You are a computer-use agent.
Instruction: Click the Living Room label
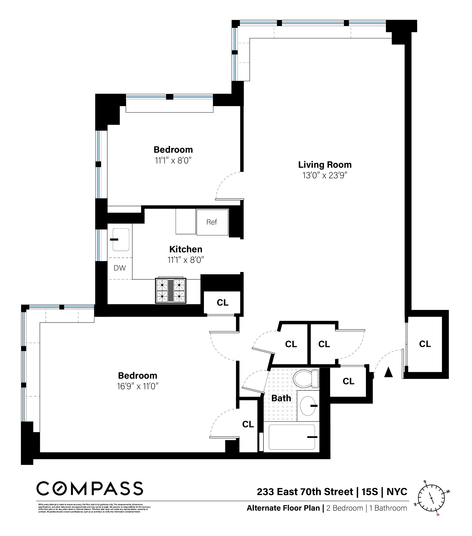click(324, 165)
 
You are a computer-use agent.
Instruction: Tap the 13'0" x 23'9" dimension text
click(324, 175)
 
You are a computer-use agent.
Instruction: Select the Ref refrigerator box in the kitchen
click(212, 222)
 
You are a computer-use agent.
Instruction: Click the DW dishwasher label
click(120, 268)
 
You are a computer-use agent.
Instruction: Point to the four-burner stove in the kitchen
click(170, 291)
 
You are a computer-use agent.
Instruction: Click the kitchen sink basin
click(121, 240)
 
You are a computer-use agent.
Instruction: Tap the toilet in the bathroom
click(306, 379)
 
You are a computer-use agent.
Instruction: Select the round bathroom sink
click(307, 406)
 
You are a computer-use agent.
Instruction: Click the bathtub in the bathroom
click(291, 437)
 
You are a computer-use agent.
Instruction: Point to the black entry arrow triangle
click(388, 372)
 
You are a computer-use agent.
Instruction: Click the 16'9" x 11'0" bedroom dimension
click(138, 386)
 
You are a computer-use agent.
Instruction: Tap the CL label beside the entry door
click(425, 344)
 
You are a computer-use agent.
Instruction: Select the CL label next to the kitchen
click(222, 302)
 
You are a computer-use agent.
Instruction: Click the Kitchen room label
click(186, 249)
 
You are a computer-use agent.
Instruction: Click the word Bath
click(281, 398)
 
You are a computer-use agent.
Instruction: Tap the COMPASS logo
click(89, 489)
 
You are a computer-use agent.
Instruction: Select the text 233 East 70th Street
click(305, 492)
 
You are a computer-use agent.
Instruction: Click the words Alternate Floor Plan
click(283, 508)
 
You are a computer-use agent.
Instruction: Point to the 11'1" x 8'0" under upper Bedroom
click(173, 161)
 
